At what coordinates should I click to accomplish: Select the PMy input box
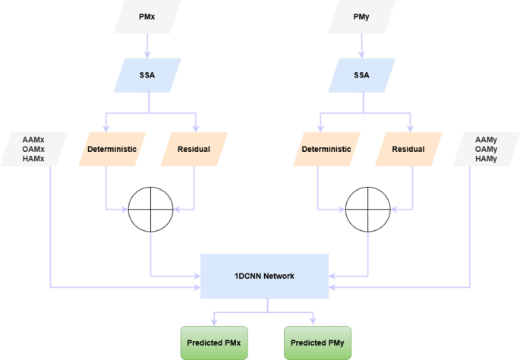361,17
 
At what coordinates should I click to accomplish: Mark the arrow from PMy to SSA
361,48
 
